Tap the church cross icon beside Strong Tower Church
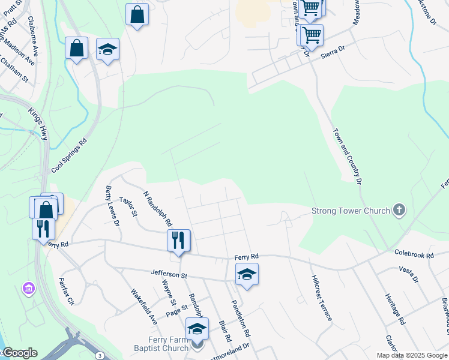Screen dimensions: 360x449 pyautogui.click(x=399, y=210)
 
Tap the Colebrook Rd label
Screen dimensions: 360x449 pyautogui.click(x=414, y=254)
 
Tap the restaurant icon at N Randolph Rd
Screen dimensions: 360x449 pyautogui.click(x=178, y=241)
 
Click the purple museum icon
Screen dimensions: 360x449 pyautogui.click(x=28, y=289)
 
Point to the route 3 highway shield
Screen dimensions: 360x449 pyautogui.click(x=99, y=356)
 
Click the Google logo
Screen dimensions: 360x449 pyautogui.click(x=19, y=353)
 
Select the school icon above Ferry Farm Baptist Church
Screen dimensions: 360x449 pyautogui.click(x=196, y=329)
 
